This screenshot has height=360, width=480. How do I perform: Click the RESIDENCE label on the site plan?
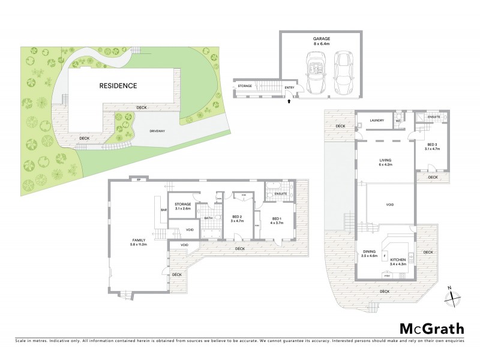(118, 86)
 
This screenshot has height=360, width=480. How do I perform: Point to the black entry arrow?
(290, 102)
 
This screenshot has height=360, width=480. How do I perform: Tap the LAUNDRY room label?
(377, 120)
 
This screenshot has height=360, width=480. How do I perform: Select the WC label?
(397, 121)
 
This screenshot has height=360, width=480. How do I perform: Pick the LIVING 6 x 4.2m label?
(385, 163)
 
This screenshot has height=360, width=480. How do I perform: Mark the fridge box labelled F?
(384, 255)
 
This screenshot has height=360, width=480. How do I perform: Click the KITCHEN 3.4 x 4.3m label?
(398, 262)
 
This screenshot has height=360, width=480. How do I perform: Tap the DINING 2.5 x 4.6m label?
(370, 254)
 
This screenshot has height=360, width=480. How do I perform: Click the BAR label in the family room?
(163, 210)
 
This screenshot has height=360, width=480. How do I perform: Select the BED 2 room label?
(237, 218)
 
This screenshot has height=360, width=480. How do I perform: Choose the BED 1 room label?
(277, 220)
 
